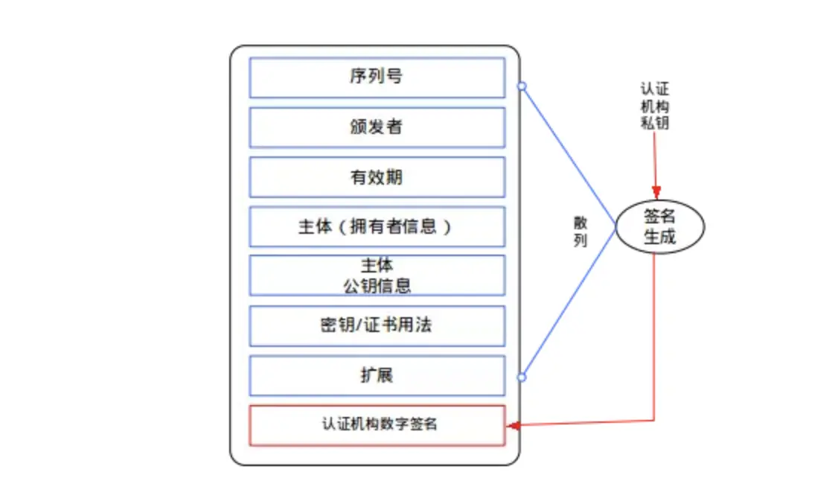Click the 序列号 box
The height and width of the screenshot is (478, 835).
coord(377,77)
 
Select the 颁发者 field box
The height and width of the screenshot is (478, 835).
coord(377,127)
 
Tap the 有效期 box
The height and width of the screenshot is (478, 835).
coord(377,177)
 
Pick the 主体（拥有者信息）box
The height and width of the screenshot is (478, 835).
coord(377,226)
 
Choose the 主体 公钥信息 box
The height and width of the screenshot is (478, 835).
coord(377,275)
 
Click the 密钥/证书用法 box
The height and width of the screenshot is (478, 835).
coord(377,325)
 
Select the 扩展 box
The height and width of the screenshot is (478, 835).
coord(377,375)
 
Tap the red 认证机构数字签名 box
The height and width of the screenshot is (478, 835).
coord(377,425)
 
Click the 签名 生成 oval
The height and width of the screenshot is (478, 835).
coord(659,227)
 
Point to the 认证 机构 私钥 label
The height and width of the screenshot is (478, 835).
coord(655,106)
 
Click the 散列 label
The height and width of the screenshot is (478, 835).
coord(580,232)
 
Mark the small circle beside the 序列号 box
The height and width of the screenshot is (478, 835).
coord(522,86)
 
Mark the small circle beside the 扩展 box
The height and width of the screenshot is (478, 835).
coord(522,377)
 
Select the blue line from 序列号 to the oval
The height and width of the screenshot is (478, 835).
coord(569,155)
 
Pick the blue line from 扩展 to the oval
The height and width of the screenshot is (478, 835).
coord(569,302)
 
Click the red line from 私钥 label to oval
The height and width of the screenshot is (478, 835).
coord(656,160)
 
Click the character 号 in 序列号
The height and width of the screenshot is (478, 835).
coord(394,77)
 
